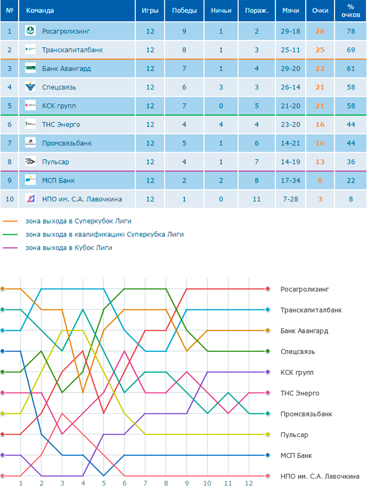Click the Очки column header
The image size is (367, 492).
(x=320, y=11)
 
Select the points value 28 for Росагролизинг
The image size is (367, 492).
(x=320, y=31)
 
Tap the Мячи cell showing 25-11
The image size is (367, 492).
(x=290, y=50)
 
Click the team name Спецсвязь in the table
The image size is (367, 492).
(x=59, y=87)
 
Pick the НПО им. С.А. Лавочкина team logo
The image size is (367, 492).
(x=30, y=199)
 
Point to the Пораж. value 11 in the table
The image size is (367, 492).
(x=257, y=199)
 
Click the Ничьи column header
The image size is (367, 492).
(x=221, y=11)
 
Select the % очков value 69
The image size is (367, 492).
(x=351, y=50)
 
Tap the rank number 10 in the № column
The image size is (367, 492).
(x=10, y=199)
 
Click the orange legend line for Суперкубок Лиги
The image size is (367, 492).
(x=10, y=221)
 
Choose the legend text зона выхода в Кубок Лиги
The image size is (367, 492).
(x=69, y=248)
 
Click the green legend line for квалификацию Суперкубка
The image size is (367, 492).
(x=10, y=234)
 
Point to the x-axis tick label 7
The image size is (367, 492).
(x=145, y=483)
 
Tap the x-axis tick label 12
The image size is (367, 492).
(x=249, y=483)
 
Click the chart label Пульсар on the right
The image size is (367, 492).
(x=294, y=435)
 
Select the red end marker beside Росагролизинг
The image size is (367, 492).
(x=268, y=289)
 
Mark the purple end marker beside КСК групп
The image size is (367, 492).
(x=268, y=372)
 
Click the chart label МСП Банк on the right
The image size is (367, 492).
(x=296, y=456)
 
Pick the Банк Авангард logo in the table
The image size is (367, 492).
(x=30, y=68)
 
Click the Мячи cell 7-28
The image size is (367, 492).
(x=290, y=199)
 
